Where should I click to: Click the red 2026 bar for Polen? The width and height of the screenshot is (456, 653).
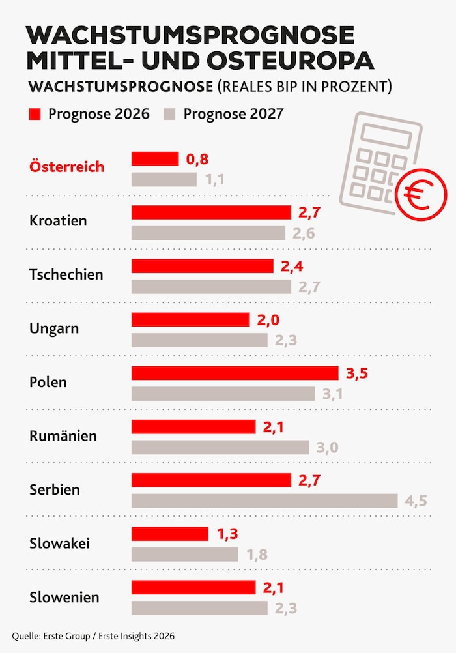(x=235, y=373)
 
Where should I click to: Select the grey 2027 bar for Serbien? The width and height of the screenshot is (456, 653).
(x=264, y=501)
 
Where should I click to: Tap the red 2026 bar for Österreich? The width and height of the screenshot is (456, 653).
(x=155, y=159)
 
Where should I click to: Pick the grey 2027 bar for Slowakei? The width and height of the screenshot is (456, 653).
(x=185, y=555)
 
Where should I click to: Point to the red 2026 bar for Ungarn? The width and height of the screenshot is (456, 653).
(x=190, y=319)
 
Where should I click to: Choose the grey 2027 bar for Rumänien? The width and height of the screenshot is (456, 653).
(x=220, y=447)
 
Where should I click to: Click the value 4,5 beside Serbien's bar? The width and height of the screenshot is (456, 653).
(x=416, y=502)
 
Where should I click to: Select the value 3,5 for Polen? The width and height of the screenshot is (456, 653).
(x=356, y=373)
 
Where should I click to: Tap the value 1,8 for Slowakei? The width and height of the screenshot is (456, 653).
(x=257, y=555)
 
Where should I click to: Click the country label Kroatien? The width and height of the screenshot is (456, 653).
(x=58, y=221)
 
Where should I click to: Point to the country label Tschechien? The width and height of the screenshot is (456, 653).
(x=66, y=274)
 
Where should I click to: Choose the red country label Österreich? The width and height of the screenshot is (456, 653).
(x=66, y=167)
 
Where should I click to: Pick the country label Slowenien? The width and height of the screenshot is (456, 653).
(x=64, y=596)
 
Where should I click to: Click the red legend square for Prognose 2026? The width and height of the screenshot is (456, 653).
(x=35, y=114)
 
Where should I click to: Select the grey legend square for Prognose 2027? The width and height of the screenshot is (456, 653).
(x=171, y=114)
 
